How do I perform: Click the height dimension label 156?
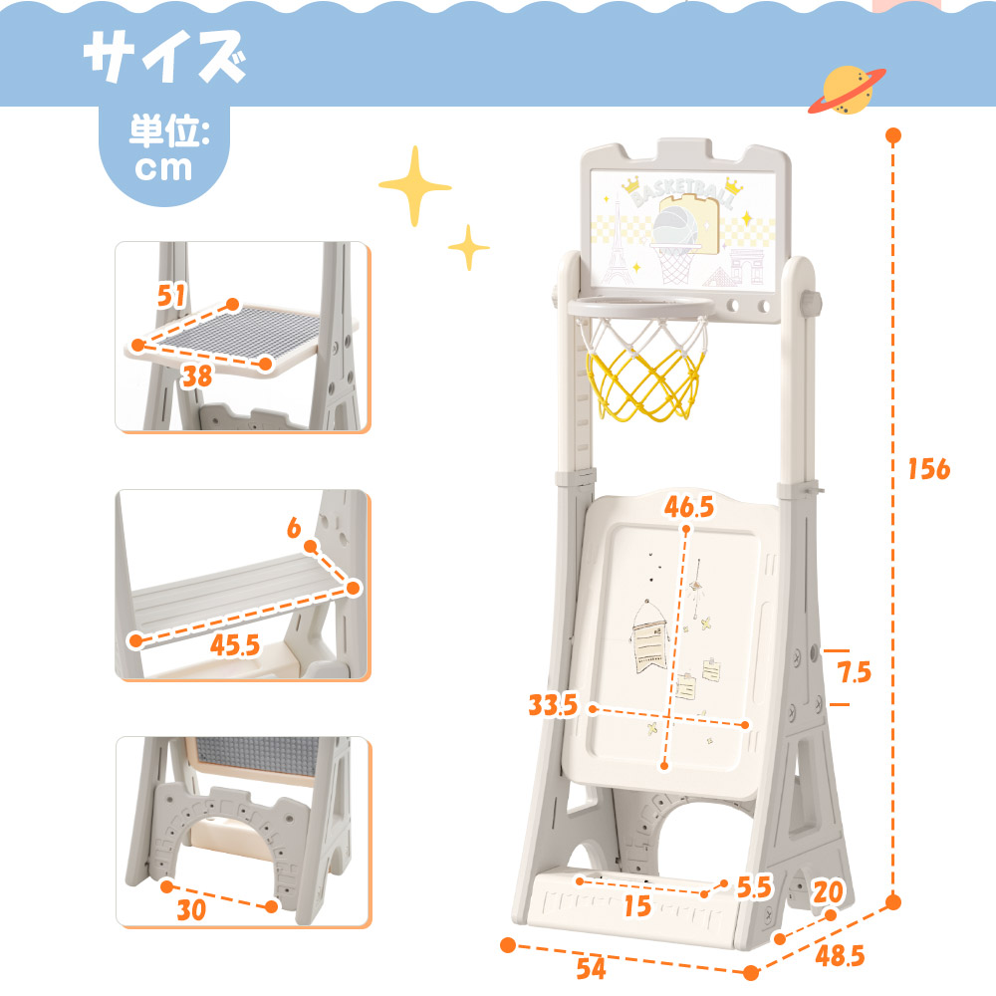pyautogui.click(x=928, y=469)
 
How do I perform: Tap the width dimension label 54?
pyautogui.click(x=591, y=968)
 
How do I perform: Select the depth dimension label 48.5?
pyautogui.click(x=840, y=956)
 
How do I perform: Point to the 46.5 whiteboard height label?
pyautogui.click(x=689, y=506)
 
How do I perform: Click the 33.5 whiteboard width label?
pyautogui.click(x=553, y=705)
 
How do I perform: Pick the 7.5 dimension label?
pyautogui.click(x=855, y=672)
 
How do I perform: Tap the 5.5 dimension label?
pyautogui.click(x=754, y=887)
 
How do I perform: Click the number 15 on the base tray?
pyautogui.click(x=637, y=905)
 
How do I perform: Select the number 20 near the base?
pyautogui.click(x=829, y=892)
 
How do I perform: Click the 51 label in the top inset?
pyautogui.click(x=171, y=296)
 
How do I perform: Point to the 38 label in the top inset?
pyautogui.click(x=197, y=376)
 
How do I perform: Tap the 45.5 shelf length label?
pyautogui.click(x=235, y=645)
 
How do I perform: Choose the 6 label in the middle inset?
pyautogui.click(x=294, y=528)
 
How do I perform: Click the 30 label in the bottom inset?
pyautogui.click(x=191, y=910)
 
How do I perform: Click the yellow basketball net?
pyautogui.click(x=645, y=388)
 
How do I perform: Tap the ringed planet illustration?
pyautogui.click(x=847, y=91)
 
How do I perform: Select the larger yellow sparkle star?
pyautogui.click(x=415, y=186)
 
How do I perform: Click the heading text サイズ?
pyautogui.click(x=165, y=57)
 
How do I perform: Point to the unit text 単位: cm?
pyautogui.click(x=164, y=148)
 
